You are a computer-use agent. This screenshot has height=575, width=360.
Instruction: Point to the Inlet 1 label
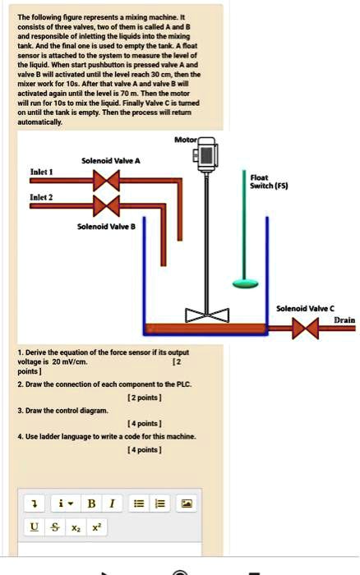coord(41,171)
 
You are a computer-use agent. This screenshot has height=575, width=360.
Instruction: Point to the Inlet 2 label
coord(41,198)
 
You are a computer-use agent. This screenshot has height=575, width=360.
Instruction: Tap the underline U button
coord(34,527)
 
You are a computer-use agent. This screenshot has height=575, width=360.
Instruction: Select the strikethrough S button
coord(56,527)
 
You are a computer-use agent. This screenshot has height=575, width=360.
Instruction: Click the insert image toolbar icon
coord(187,502)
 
